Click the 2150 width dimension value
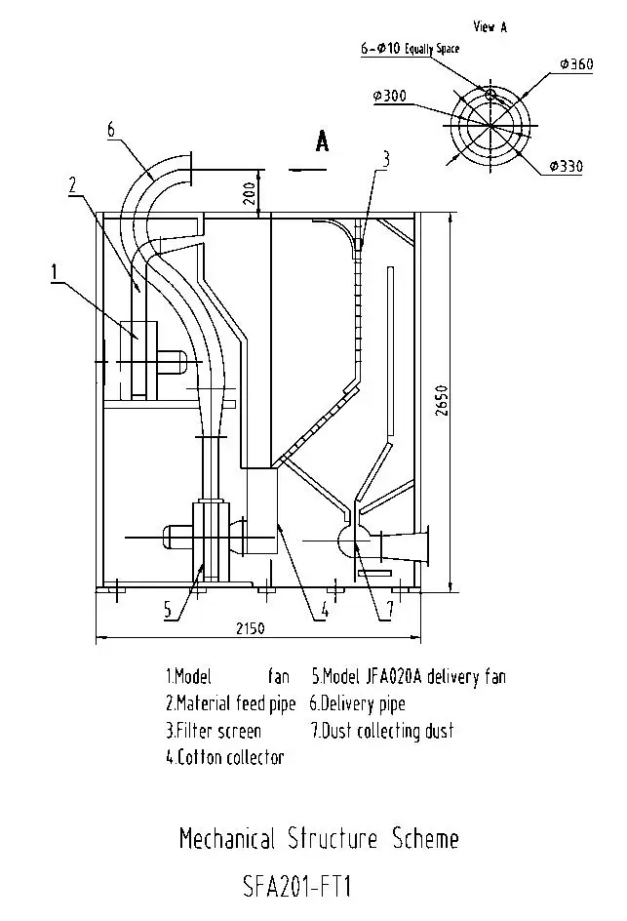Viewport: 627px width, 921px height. coord(251,628)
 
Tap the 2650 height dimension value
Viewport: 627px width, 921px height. coord(442,401)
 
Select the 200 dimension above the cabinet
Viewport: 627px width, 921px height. coord(249,192)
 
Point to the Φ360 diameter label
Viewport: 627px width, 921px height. coord(576,64)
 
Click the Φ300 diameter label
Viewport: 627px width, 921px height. coord(389,96)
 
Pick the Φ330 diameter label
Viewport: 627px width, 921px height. coord(567,167)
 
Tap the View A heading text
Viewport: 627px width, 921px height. coord(490,26)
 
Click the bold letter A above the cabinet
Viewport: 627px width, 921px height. coord(322,141)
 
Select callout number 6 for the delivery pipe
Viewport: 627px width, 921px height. coord(111,129)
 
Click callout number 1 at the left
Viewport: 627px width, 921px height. coord(55,272)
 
